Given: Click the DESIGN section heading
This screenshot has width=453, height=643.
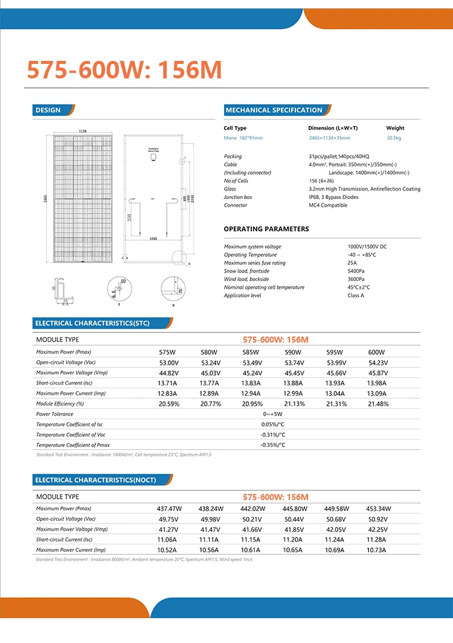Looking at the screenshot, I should pyautogui.click(x=48, y=110).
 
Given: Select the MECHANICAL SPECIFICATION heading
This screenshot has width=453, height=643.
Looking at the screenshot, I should pyautogui.click(x=274, y=110).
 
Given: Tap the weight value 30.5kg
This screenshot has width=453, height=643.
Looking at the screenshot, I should pyautogui.click(x=394, y=138).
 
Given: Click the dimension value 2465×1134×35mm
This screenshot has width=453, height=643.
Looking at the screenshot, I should pyautogui.click(x=329, y=138).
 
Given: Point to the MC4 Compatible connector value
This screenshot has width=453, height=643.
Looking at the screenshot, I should pyautogui.click(x=328, y=205).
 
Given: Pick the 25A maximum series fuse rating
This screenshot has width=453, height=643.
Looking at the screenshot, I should pyautogui.click(x=352, y=263).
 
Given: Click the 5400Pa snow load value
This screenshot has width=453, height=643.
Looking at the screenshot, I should pyautogui.click(x=356, y=271).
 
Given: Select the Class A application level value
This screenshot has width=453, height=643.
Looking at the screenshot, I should pyautogui.click(x=356, y=296).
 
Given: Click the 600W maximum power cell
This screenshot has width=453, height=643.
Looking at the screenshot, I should pyautogui.click(x=376, y=352).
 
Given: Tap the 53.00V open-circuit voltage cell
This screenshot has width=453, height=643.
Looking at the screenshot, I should pyautogui.click(x=169, y=363).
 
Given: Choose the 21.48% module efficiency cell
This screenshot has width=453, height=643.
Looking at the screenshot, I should pyautogui.click(x=378, y=404).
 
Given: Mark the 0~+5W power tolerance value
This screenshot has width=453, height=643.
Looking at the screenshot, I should pyautogui.click(x=272, y=414).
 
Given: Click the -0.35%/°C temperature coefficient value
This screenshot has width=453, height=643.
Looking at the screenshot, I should pyautogui.click(x=272, y=445).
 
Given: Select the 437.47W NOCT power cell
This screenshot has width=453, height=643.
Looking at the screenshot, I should pyautogui.click(x=169, y=508).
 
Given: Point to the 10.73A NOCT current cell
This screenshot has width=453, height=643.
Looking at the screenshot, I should pyautogui.click(x=378, y=550).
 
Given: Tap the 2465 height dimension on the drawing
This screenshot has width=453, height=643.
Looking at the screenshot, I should pyautogui.click(x=46, y=198).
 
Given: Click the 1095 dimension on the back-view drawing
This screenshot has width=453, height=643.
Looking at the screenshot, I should pyautogui.click(x=153, y=239).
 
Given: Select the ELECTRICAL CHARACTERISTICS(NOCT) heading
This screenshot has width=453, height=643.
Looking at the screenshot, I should pyautogui.click(x=95, y=480).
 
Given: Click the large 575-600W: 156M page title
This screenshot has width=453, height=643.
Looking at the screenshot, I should pyautogui.click(x=124, y=71).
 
